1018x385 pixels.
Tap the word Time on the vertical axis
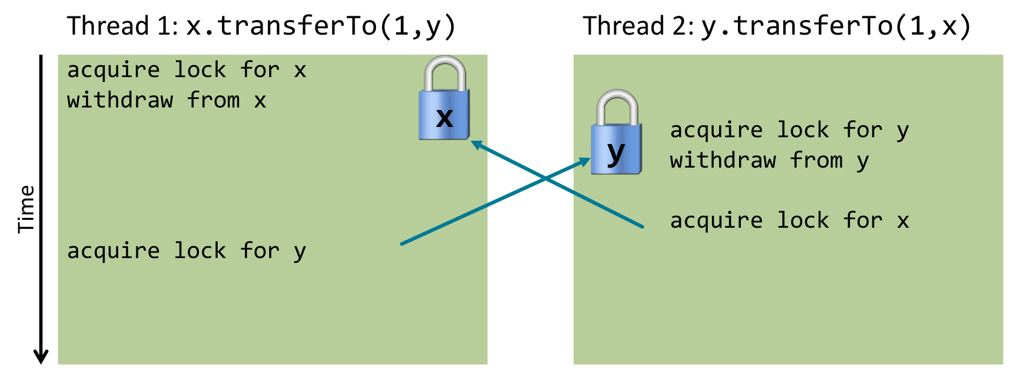click(x=26, y=209)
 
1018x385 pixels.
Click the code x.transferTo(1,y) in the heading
click(x=321, y=26)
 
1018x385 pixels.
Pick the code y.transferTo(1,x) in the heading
click(x=837, y=26)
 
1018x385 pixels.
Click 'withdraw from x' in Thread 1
click(x=167, y=100)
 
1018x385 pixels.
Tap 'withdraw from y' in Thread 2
click(x=769, y=160)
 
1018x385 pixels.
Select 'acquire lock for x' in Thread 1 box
click(x=186, y=70)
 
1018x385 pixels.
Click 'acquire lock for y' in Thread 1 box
click(x=186, y=251)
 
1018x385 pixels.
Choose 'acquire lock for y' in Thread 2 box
click(x=789, y=130)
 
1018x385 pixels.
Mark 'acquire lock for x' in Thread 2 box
click(x=789, y=220)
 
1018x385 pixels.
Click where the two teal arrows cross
click(x=545, y=179)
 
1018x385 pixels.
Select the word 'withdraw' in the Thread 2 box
click(x=723, y=160)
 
